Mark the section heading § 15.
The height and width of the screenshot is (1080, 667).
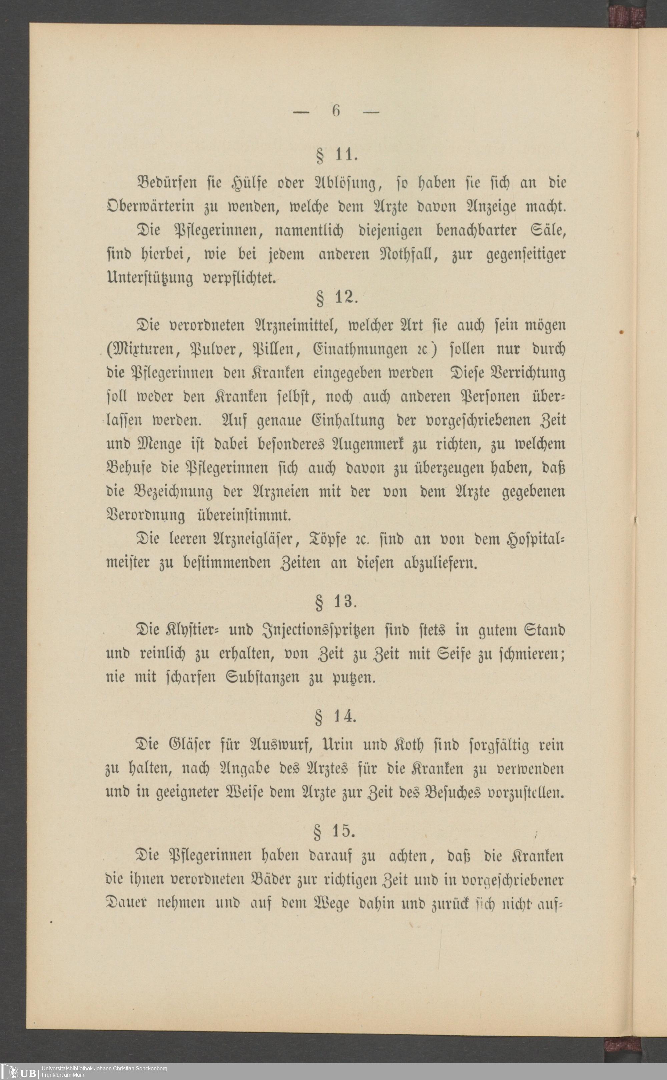pos(336,831)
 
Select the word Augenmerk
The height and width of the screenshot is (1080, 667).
pos(360,444)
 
